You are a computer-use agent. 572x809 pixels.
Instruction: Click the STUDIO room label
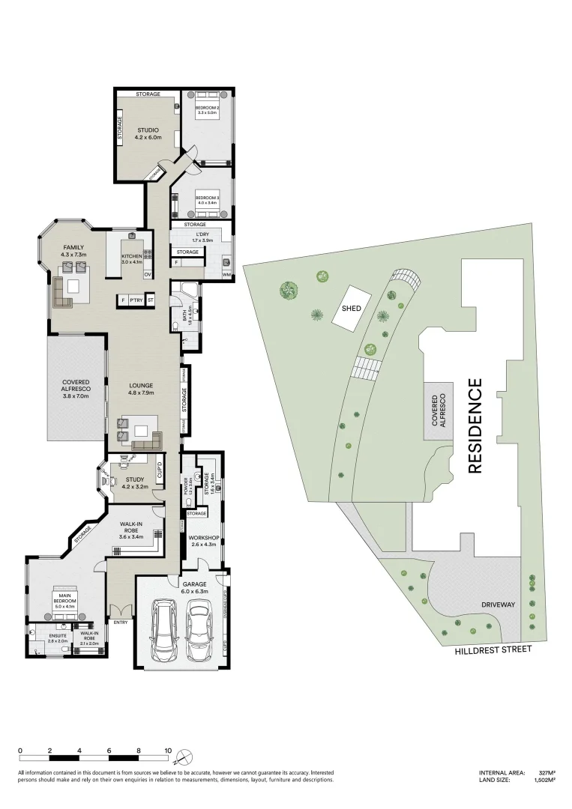148,130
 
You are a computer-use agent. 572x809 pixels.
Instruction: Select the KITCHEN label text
132,255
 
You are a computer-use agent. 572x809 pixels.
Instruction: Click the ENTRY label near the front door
121,622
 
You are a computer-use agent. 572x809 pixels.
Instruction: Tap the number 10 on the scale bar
168,751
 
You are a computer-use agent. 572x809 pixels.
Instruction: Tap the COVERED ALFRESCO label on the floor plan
76,390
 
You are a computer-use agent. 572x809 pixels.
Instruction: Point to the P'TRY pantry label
136,300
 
